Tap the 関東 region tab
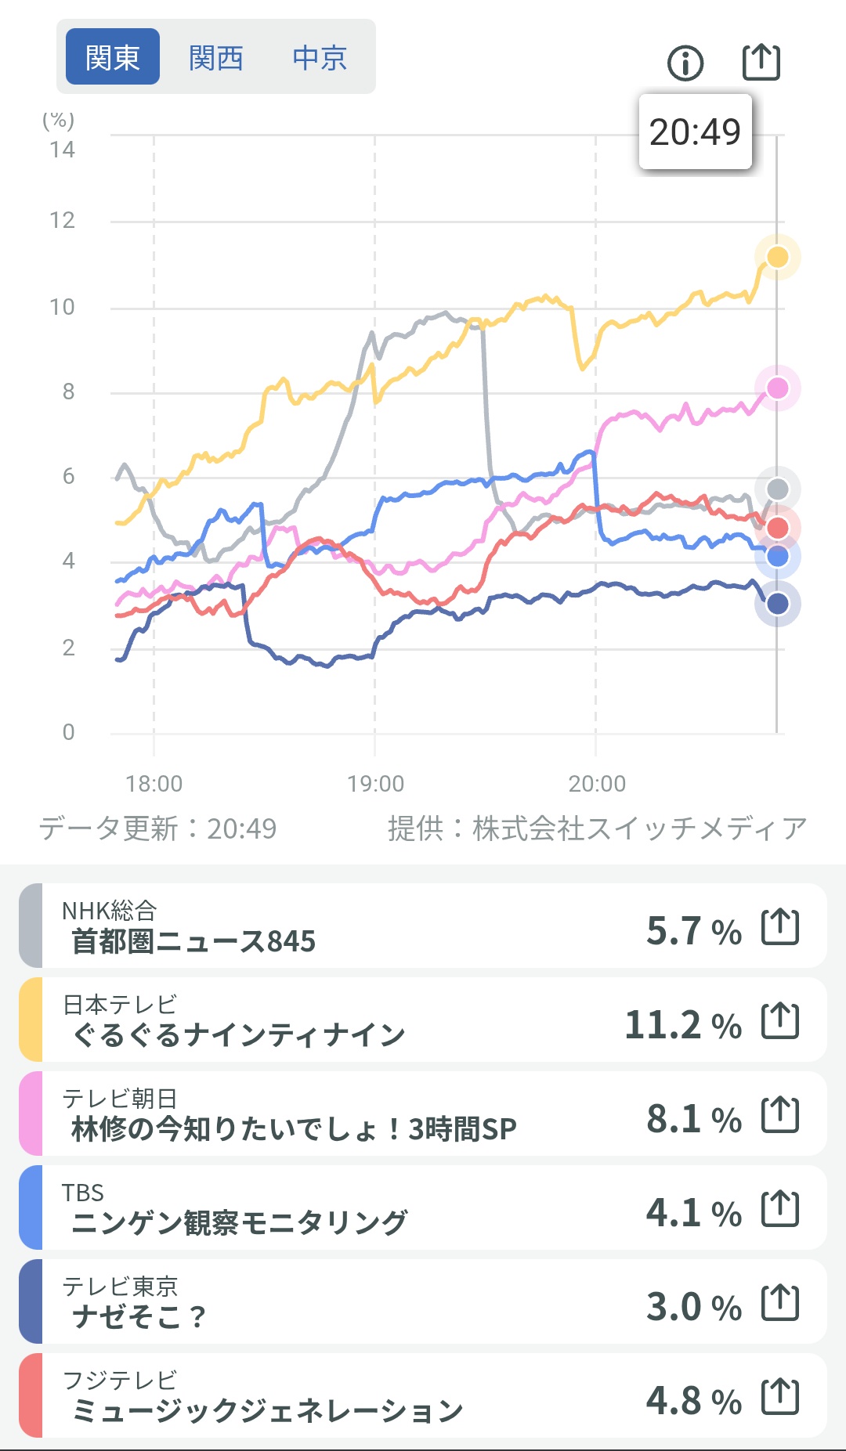point(112,57)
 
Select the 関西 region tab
point(215,57)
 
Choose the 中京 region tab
point(319,57)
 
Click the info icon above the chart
point(685,63)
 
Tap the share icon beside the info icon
point(761,62)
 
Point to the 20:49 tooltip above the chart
point(695,132)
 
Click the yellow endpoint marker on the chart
point(777,257)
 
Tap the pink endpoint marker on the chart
point(777,388)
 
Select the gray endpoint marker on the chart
point(777,489)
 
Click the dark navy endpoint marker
point(777,604)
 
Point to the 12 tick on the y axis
point(63,221)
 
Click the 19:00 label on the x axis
point(375,783)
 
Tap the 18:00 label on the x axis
point(154,783)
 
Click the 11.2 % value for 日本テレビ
point(682,1024)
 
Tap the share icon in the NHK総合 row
point(780,927)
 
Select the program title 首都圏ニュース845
point(193,941)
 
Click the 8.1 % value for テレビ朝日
point(693,1118)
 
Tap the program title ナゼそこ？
point(139,1316)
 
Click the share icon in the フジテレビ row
point(780,1397)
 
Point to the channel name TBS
point(83,1193)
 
